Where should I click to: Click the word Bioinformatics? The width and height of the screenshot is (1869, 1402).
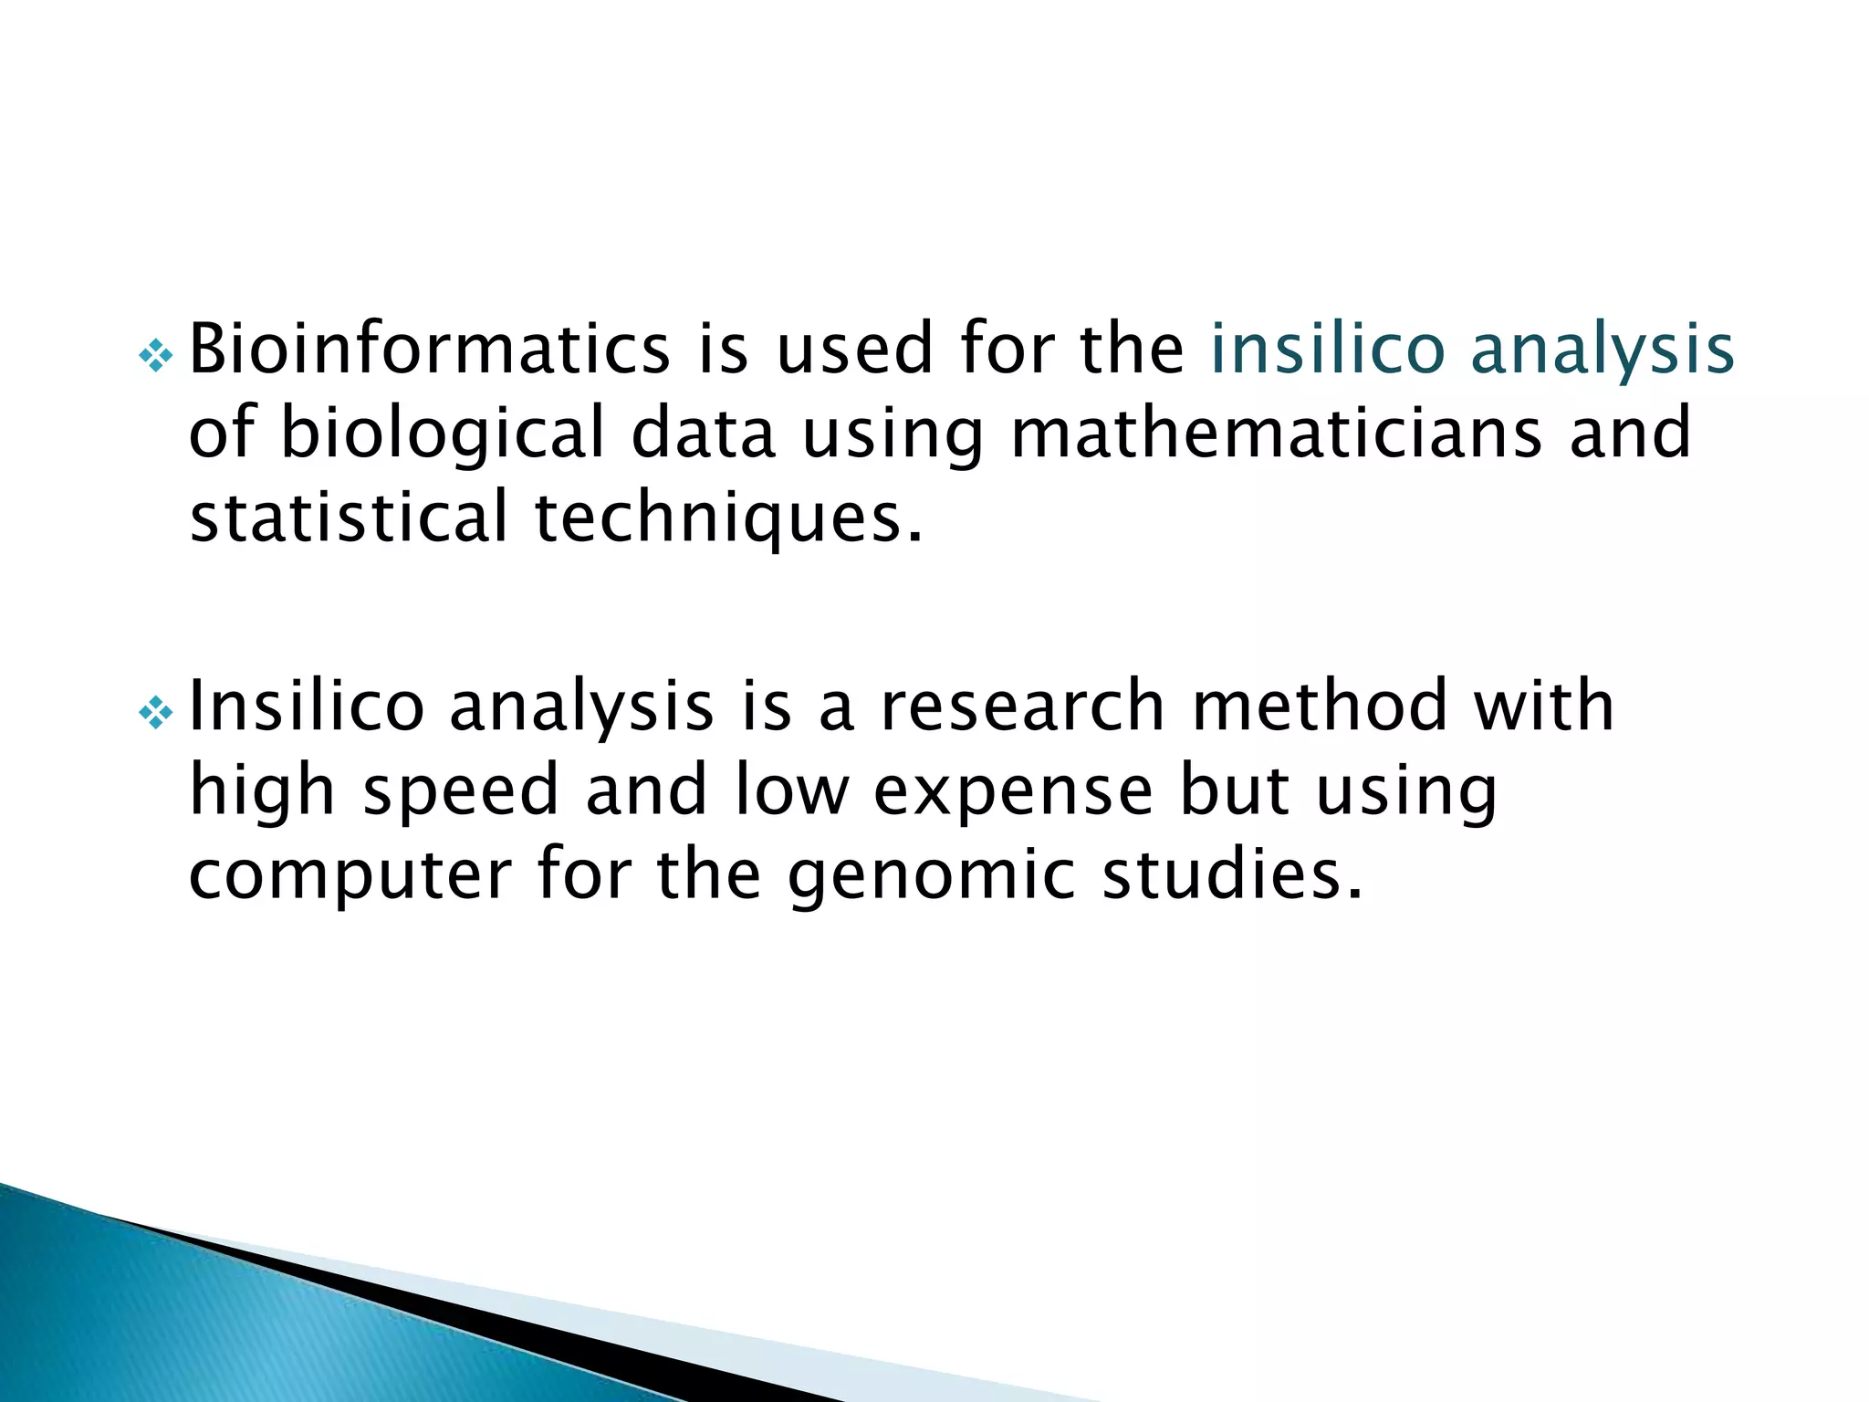[x=430, y=349]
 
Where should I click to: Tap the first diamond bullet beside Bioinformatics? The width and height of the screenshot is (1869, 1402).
[x=156, y=355]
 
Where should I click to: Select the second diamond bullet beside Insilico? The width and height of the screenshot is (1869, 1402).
[x=156, y=713]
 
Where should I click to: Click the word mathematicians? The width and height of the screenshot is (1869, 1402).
[x=1277, y=433]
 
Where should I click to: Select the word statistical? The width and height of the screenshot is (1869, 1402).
[x=348, y=517]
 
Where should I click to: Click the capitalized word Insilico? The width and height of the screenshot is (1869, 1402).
[x=307, y=706]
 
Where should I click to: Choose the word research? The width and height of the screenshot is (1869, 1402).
[x=1023, y=707]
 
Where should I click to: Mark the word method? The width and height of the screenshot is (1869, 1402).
[x=1321, y=706]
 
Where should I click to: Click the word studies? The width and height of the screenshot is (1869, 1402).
[x=1232, y=874]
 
